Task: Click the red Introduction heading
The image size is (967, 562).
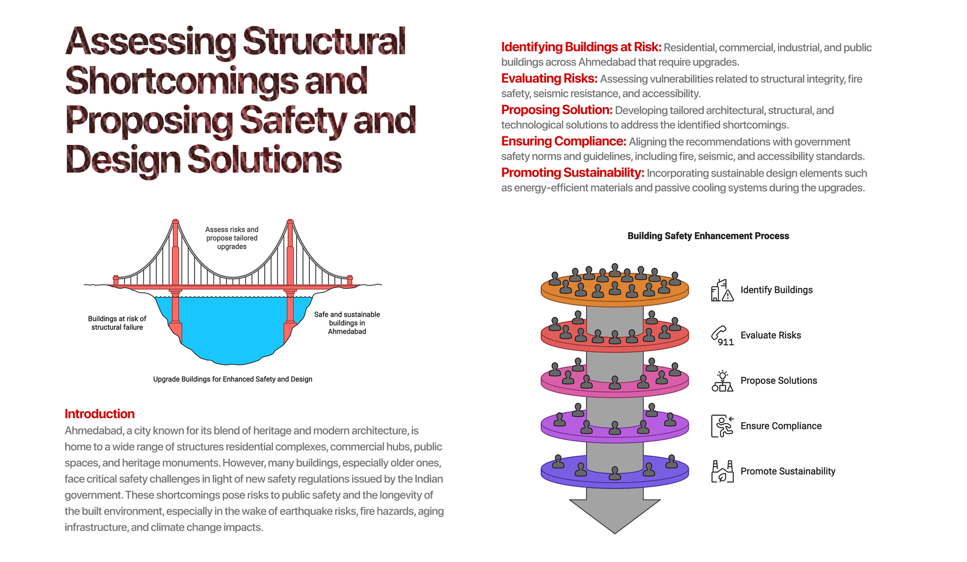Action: click(100, 414)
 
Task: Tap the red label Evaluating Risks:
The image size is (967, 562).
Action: click(549, 78)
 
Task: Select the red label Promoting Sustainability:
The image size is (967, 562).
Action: click(572, 173)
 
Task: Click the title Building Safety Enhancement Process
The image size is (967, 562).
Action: click(708, 236)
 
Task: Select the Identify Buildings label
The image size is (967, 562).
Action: click(776, 290)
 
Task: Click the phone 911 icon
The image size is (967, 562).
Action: click(722, 336)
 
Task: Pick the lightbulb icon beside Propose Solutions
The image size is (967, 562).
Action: click(722, 381)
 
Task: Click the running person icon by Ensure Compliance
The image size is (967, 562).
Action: click(722, 426)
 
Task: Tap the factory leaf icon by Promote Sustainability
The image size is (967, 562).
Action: click(722, 471)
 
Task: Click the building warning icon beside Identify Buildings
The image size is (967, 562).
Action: click(722, 290)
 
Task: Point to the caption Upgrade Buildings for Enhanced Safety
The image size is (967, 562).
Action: click(232, 379)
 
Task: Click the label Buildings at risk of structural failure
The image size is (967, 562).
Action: click(117, 323)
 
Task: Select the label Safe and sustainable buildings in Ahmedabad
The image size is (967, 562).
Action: click(347, 323)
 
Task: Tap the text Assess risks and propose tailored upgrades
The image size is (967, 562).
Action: click(232, 238)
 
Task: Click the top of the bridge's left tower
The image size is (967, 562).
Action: click(175, 221)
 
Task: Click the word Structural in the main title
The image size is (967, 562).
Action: click(324, 42)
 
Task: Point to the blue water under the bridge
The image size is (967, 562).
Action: click(232, 330)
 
